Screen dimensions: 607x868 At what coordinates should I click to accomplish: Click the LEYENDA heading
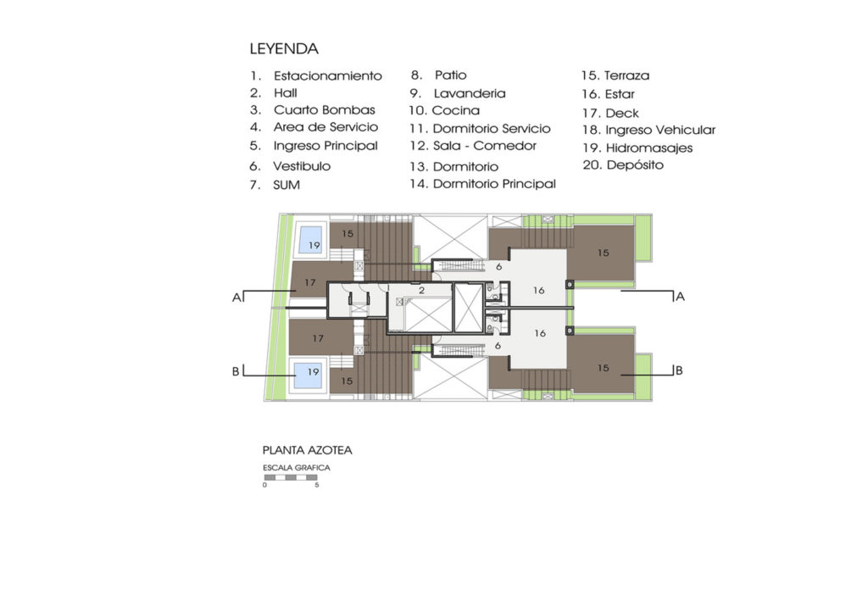(x=284, y=49)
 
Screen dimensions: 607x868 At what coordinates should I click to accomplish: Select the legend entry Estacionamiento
(x=327, y=75)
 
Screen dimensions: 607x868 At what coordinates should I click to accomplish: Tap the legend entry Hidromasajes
(x=648, y=148)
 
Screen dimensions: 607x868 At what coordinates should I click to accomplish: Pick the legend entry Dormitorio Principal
(x=493, y=183)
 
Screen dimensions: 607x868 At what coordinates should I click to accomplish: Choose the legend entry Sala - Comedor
(x=484, y=146)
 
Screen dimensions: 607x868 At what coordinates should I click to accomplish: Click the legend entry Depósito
(x=634, y=165)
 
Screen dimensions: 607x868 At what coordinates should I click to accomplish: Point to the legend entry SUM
(x=287, y=184)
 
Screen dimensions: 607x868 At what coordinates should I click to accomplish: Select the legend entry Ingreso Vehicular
(x=659, y=130)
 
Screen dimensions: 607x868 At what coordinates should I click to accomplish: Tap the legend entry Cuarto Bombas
(x=324, y=110)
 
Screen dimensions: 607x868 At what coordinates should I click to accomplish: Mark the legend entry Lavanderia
(x=470, y=93)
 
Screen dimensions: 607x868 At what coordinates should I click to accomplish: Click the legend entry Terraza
(x=626, y=75)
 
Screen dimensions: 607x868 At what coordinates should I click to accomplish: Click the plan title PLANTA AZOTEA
(x=307, y=450)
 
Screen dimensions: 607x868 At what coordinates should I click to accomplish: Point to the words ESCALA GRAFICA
(x=296, y=467)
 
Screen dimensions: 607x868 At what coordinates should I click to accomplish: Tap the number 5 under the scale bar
(x=316, y=486)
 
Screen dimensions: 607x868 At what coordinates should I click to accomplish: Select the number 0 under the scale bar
(x=264, y=486)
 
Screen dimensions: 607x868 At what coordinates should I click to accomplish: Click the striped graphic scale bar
(x=291, y=477)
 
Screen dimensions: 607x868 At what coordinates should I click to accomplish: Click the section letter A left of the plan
(x=236, y=298)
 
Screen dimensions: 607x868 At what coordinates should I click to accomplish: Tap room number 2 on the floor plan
(x=420, y=290)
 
